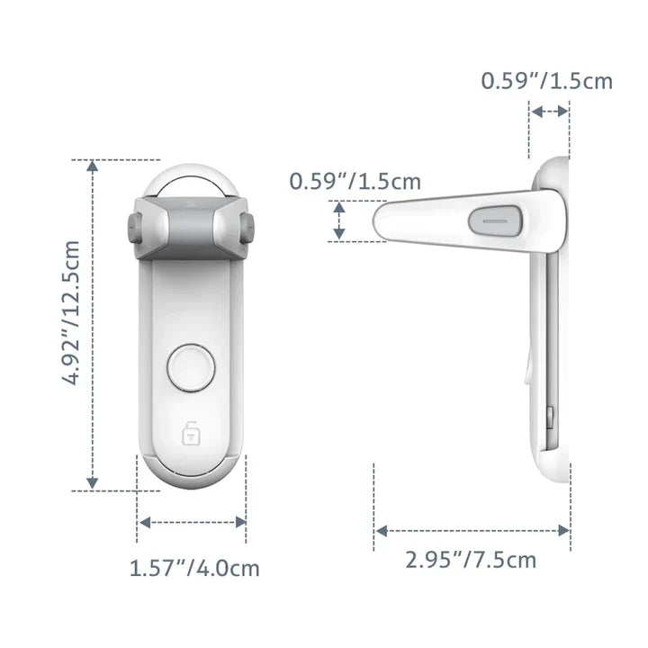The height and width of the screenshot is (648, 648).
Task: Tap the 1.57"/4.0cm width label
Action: click(194, 569)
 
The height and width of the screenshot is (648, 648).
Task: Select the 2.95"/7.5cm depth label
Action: click(470, 560)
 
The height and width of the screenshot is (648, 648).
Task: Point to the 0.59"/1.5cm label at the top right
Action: click(546, 81)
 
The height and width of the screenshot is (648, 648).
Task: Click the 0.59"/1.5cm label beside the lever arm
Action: click(355, 181)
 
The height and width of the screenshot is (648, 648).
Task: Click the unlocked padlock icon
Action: click(190, 435)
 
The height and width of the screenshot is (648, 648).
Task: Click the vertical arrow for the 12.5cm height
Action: click(92, 325)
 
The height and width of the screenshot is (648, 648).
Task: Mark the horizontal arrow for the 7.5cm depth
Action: click(472, 529)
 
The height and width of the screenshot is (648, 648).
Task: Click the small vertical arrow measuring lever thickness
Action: click(339, 221)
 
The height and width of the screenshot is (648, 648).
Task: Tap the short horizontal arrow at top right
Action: click(549, 112)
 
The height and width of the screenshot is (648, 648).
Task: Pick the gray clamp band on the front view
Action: click(190, 223)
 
